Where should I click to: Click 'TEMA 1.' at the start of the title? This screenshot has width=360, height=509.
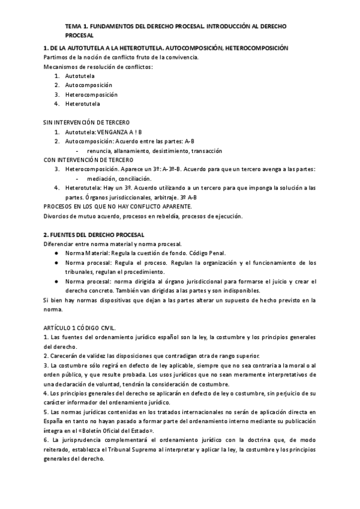point(77,27)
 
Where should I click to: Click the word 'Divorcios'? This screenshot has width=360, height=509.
point(58,216)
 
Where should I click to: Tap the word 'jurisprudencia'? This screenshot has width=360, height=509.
point(77,440)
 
